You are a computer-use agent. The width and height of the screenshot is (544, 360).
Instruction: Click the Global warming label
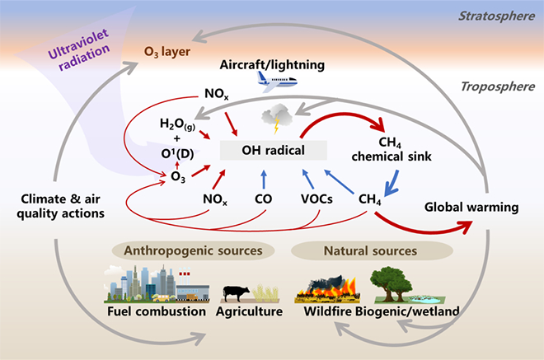click(471, 207)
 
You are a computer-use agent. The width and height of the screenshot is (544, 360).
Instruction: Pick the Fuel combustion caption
click(157, 312)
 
